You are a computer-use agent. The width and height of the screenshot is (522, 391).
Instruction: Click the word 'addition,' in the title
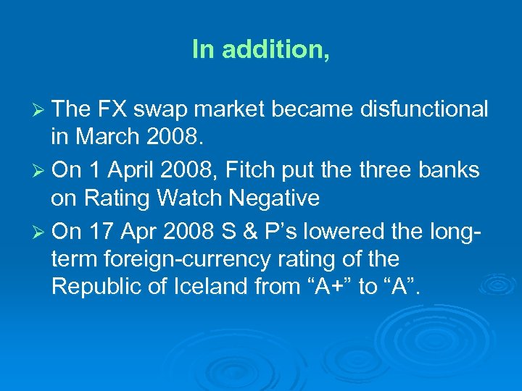[276, 49]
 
